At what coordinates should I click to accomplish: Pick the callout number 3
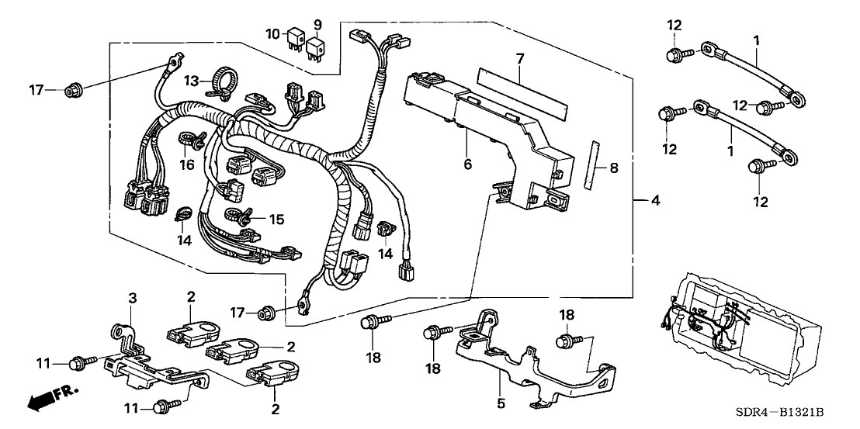coord(132,298)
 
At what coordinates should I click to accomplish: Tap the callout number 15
coord(276,220)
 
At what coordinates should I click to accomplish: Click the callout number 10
coord(272,34)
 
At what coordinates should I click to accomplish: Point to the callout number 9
coord(317,23)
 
